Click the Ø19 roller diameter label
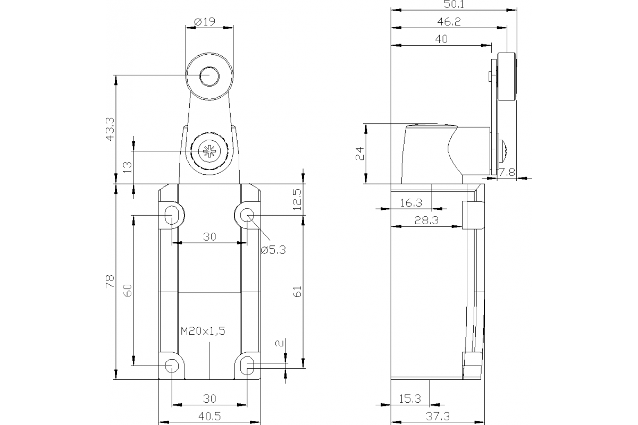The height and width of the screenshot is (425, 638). click(204, 22)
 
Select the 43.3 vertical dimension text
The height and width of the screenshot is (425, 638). click(109, 129)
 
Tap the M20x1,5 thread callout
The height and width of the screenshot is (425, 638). click(203, 331)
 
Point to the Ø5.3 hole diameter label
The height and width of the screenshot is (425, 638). click(273, 250)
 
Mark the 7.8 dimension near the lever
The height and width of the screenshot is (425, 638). click(509, 171)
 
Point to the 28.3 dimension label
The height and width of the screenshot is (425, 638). click(426, 220)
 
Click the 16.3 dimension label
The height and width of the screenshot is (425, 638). click(410, 202)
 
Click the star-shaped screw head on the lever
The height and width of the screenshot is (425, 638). click(207, 151)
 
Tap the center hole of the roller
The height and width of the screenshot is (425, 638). click(209, 77)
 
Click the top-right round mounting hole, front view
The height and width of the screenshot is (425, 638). click(247, 215)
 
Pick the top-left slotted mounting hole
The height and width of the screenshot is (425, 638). click(172, 215)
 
